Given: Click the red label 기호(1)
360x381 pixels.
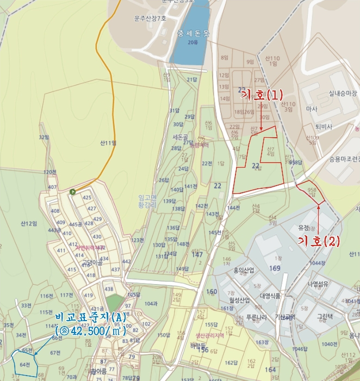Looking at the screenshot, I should coord(262,95).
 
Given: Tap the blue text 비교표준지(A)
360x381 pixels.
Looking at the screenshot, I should coord(90,317).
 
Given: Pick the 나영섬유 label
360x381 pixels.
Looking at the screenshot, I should coord(319,284).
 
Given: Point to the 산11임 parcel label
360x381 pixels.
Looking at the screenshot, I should coord(108,143).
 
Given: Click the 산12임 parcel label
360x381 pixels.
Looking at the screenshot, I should coord(28,223).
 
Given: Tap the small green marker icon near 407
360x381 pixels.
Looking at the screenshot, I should coord(72,191).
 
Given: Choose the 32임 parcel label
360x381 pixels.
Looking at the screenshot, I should coord(44,138).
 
